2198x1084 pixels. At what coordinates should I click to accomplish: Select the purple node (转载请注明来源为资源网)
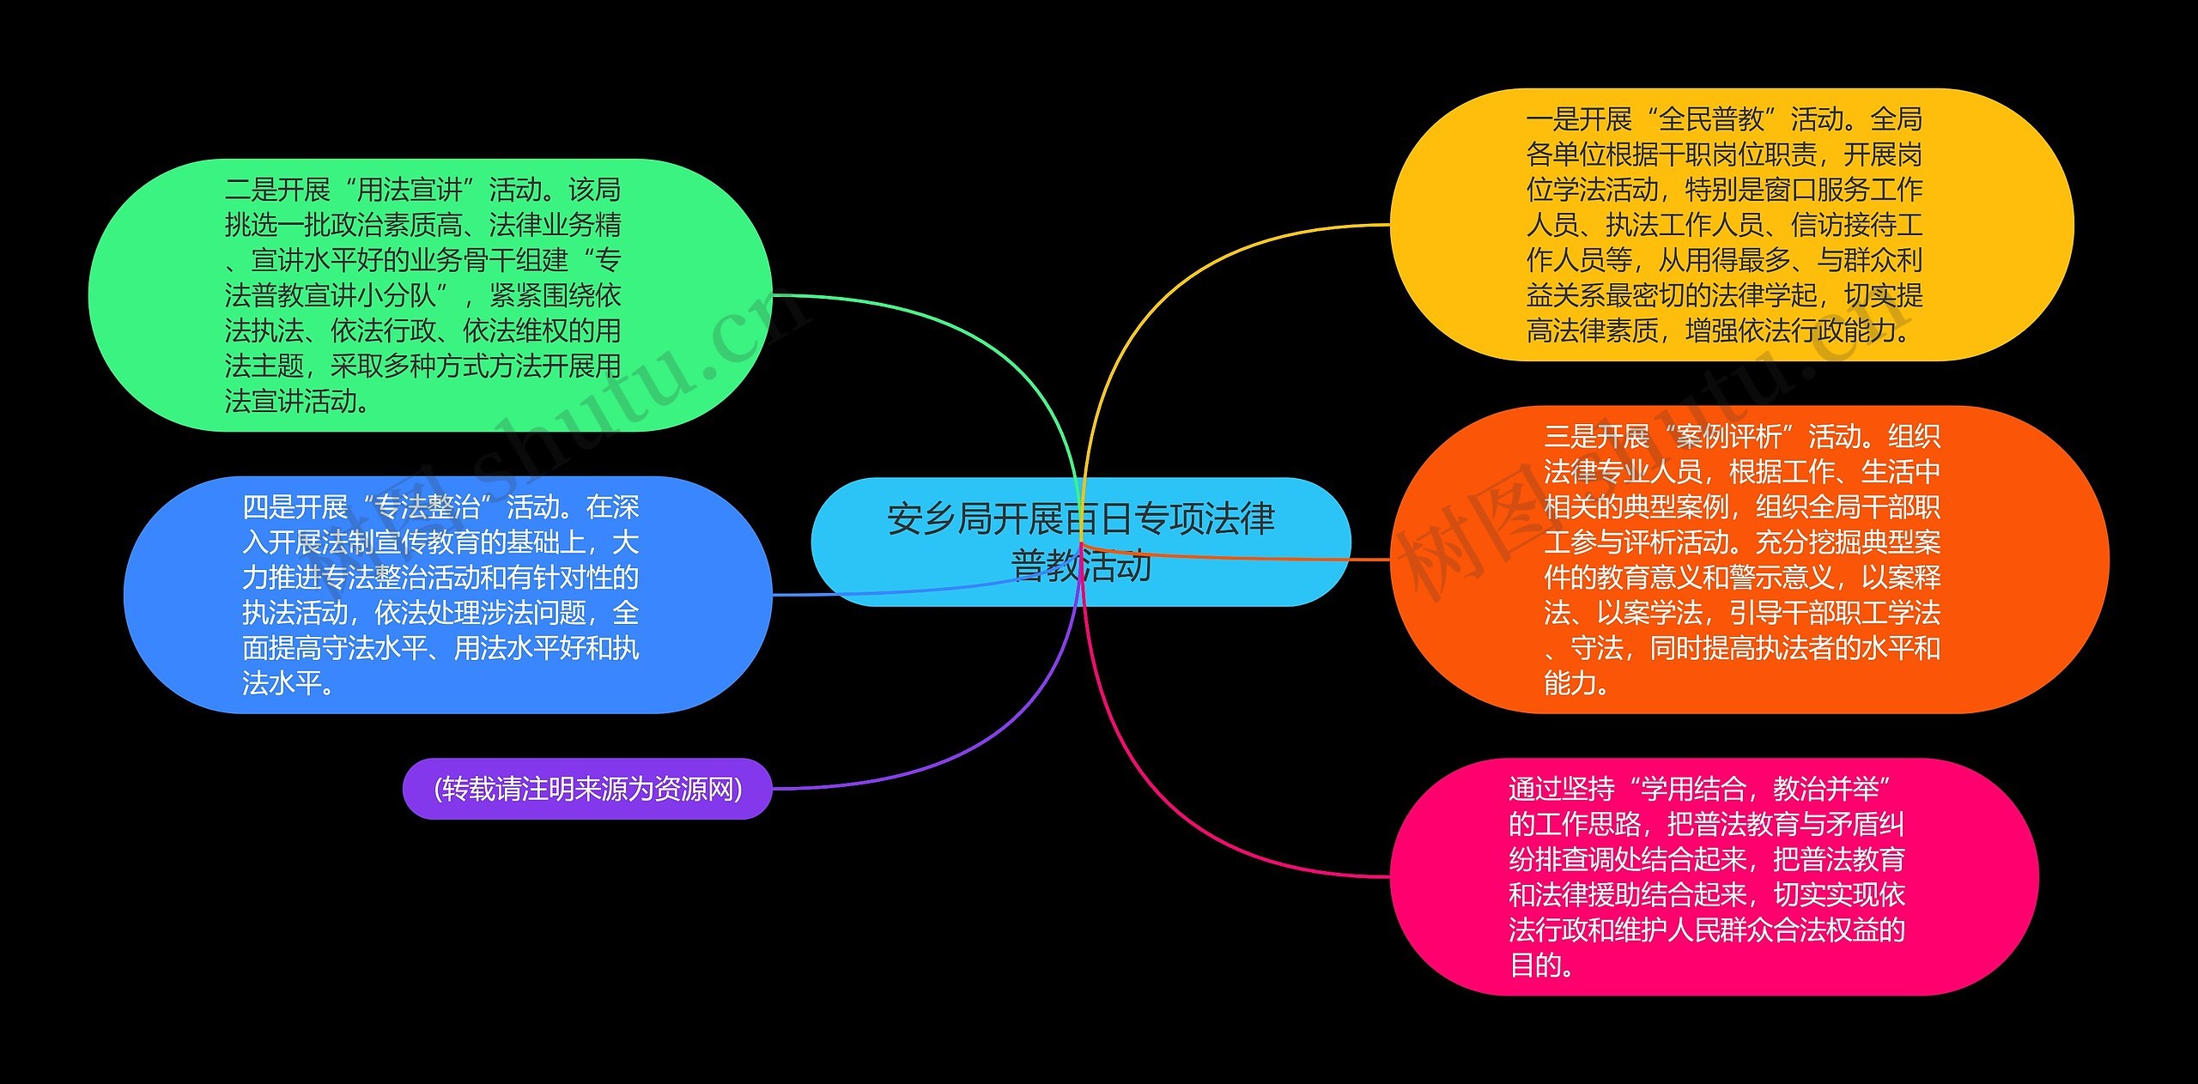[x=587, y=789]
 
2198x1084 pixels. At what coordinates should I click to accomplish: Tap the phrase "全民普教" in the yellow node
[x=1710, y=119]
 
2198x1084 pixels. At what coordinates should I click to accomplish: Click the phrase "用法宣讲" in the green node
[x=410, y=190]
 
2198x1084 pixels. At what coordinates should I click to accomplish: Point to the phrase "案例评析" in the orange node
[x=1728, y=437]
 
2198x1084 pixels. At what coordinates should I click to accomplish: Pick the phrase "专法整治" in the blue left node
[x=428, y=507]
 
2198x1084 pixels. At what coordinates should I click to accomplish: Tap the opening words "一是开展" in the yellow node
[x=1578, y=119]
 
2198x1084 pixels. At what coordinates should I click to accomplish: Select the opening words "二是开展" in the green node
[x=277, y=190]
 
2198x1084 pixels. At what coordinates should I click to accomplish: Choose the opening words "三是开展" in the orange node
[x=1596, y=437]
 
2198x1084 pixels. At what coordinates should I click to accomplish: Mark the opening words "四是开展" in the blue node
[x=294, y=507]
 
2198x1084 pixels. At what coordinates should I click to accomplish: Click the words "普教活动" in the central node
[x=1082, y=566]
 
